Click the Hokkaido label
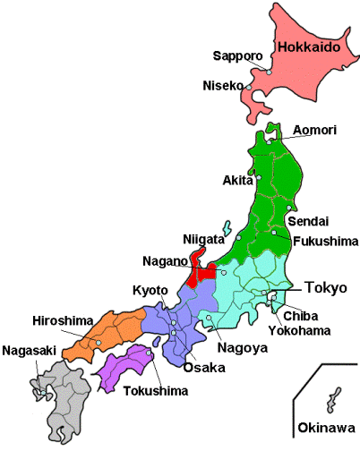coord(309,47)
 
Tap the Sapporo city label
coord(237,56)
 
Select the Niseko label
coord(224,87)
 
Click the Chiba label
coord(301,315)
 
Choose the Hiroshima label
coord(60,321)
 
